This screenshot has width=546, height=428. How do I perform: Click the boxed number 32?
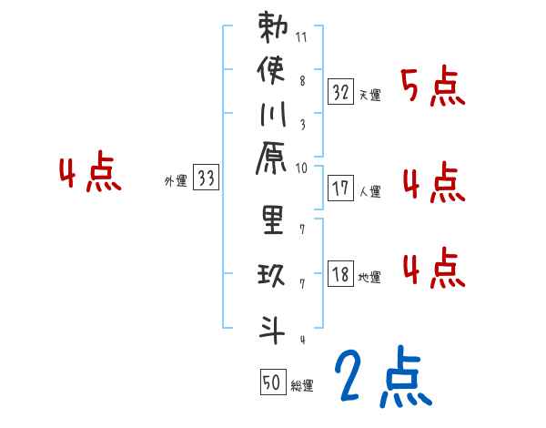[x=340, y=91]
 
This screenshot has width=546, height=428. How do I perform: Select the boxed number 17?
[x=340, y=189]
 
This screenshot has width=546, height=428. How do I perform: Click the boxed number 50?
[x=271, y=382]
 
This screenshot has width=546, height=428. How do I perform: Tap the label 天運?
[x=369, y=95]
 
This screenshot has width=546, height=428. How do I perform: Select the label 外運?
[x=176, y=181]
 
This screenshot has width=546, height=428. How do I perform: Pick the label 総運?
[x=302, y=386]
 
